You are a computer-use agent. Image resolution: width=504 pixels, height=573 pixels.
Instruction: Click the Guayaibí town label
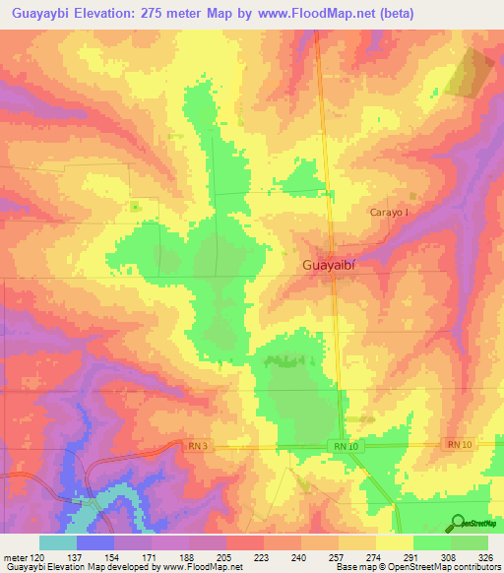[332, 266]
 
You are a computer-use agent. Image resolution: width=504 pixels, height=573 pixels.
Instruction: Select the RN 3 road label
[198, 446]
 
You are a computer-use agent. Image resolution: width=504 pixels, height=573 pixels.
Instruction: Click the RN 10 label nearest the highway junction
[344, 448]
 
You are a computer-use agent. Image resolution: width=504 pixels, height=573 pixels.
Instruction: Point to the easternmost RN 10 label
[460, 445]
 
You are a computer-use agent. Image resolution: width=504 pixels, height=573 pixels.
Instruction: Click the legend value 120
[39, 557]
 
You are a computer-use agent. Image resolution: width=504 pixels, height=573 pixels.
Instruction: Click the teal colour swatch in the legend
[58, 542]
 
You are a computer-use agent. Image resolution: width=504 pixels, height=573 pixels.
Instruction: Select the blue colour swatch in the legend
[95, 542]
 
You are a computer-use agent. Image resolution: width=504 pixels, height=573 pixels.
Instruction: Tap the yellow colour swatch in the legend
[395, 542]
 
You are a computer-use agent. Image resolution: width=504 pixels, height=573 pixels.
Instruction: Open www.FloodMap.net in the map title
[312, 14]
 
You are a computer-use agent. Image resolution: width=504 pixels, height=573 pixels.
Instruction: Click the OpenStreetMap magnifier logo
[459, 522]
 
